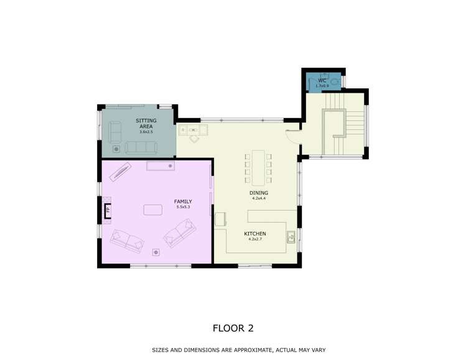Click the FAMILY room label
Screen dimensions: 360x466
pos(182,201)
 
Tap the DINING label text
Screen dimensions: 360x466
pos(258,193)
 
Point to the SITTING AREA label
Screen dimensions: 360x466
pos(146,123)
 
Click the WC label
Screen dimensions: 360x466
pos(322,80)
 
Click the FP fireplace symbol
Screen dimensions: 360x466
pos(108,210)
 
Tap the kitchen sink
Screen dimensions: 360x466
pos(291,236)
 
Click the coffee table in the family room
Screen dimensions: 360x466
pos(153,210)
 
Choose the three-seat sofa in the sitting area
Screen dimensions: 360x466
pos(141,147)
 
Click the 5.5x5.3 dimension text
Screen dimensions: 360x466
pos(182,207)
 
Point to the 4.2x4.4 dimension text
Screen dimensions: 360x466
pos(258,198)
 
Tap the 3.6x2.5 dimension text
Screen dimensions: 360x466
pos(146,132)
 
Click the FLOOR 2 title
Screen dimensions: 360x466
pos(233,328)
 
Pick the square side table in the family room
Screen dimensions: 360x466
pos(157,252)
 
